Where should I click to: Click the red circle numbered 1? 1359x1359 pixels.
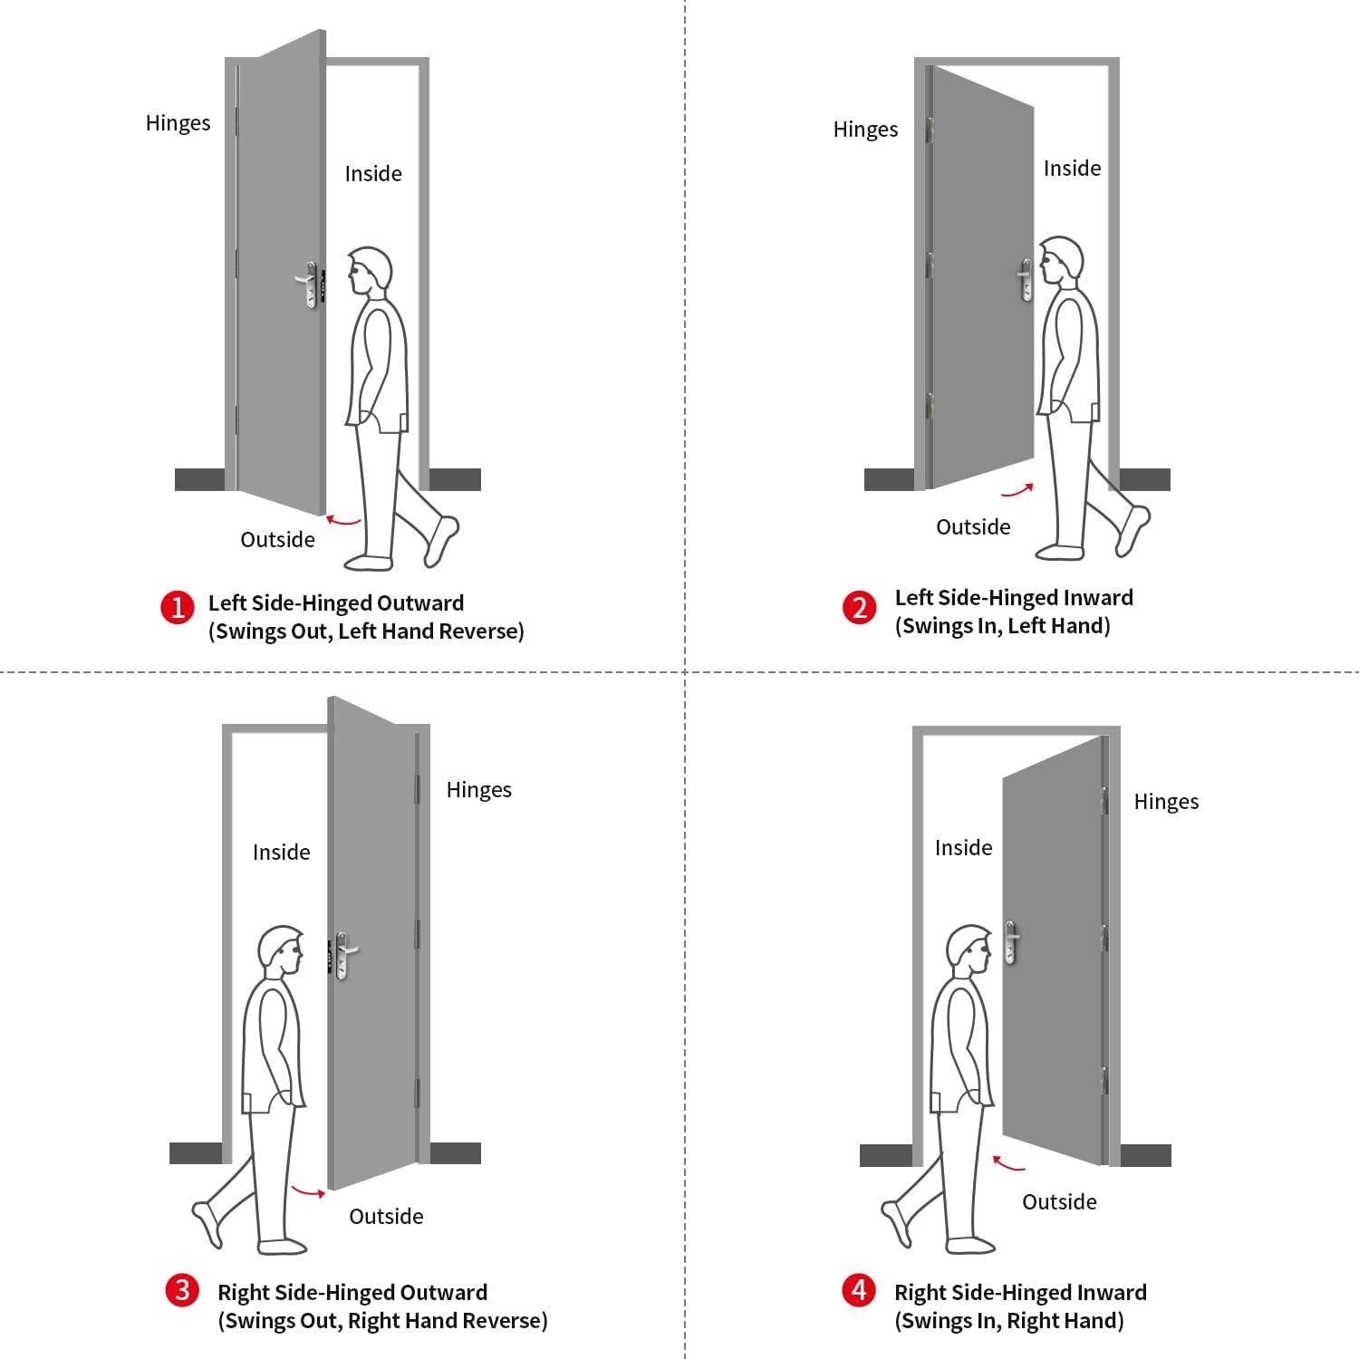(x=178, y=607)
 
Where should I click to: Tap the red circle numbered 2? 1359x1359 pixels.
(x=859, y=607)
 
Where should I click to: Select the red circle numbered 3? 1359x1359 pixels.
(x=182, y=1289)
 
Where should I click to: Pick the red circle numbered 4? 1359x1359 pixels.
(x=859, y=1289)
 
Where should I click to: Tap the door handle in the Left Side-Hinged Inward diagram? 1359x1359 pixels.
(x=1026, y=279)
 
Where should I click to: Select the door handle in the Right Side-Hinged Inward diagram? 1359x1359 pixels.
(x=1011, y=942)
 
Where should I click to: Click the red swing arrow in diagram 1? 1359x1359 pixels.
(x=343, y=521)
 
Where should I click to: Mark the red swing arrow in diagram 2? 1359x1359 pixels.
(x=1017, y=491)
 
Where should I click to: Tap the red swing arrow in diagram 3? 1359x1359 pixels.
(x=308, y=1190)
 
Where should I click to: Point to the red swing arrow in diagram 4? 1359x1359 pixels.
(x=1007, y=1162)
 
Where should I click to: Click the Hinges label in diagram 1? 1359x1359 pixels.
(x=178, y=123)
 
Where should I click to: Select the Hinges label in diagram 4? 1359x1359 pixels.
(x=1166, y=802)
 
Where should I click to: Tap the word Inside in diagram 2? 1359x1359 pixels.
(x=1072, y=169)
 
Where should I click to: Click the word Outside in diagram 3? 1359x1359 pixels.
(x=386, y=1216)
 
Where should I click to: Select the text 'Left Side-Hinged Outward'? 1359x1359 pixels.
(x=335, y=603)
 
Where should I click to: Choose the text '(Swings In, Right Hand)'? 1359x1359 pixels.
(x=1008, y=1321)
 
